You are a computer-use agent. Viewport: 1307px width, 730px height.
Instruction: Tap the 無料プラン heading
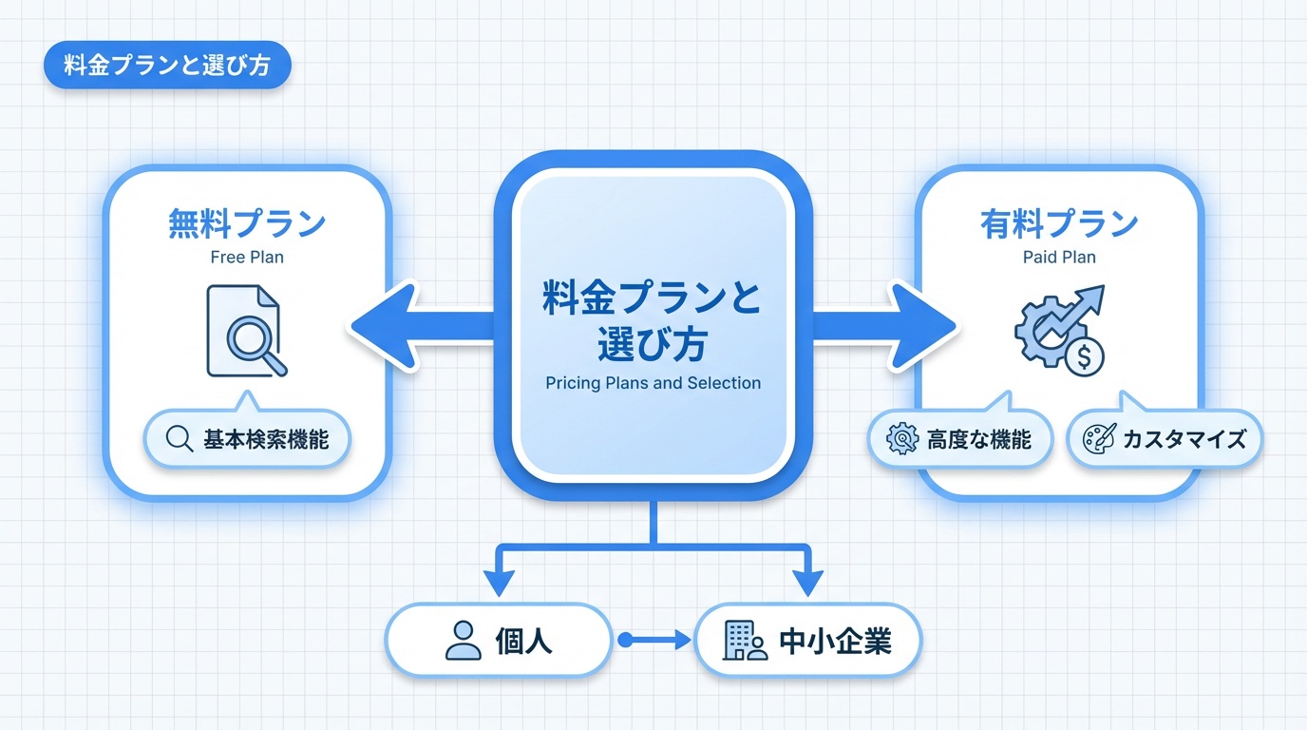pyautogui.click(x=247, y=224)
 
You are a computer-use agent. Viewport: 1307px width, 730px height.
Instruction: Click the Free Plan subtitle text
pyautogui.click(x=247, y=257)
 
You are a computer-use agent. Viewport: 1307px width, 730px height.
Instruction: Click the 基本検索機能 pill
pyautogui.click(x=247, y=439)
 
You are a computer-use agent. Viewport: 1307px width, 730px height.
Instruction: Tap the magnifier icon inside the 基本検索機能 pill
pyautogui.click(x=180, y=439)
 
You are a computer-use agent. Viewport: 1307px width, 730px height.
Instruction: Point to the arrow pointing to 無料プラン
pyautogui.click(x=418, y=326)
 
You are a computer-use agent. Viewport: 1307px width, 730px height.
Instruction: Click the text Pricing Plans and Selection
pyautogui.click(x=653, y=383)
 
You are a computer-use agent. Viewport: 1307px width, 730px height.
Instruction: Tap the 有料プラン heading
pyautogui.click(x=1059, y=224)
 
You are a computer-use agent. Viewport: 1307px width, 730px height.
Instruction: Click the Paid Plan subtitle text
pyautogui.click(x=1059, y=257)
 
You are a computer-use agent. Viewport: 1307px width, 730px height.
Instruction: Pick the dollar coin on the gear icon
pyautogui.click(x=1084, y=356)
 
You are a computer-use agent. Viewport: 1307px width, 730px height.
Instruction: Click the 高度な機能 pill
pyautogui.click(x=962, y=439)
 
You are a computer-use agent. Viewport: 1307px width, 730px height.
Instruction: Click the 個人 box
pyautogui.click(x=499, y=641)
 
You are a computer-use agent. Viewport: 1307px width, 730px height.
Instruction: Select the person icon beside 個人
pyautogui.click(x=464, y=641)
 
